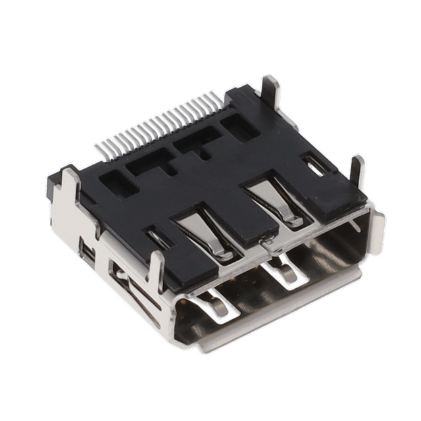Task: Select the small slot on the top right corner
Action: click(x=314, y=164)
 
